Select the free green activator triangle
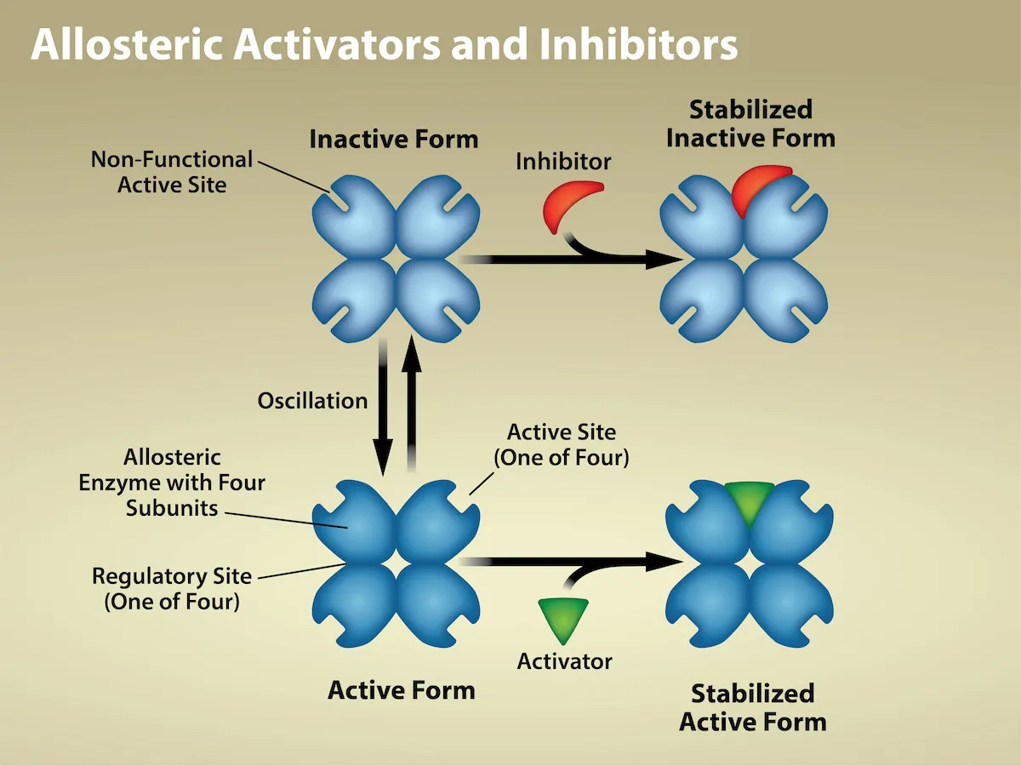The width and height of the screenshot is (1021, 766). [x=563, y=620]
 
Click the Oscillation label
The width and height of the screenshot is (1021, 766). [x=312, y=400]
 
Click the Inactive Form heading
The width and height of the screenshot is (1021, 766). [x=393, y=139]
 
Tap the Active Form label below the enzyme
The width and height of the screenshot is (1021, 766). [x=401, y=689]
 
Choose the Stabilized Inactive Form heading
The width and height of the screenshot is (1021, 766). [x=750, y=123]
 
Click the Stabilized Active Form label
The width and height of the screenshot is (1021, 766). [x=752, y=707]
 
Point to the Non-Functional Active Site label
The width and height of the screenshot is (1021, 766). [x=172, y=171]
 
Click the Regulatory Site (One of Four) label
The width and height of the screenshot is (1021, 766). [x=172, y=589]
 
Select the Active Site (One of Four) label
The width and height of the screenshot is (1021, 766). [x=562, y=444]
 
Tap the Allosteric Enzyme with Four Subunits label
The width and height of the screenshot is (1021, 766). [x=172, y=483]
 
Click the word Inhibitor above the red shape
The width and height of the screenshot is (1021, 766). [x=563, y=161]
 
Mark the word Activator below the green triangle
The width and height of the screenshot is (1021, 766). [x=564, y=661]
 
